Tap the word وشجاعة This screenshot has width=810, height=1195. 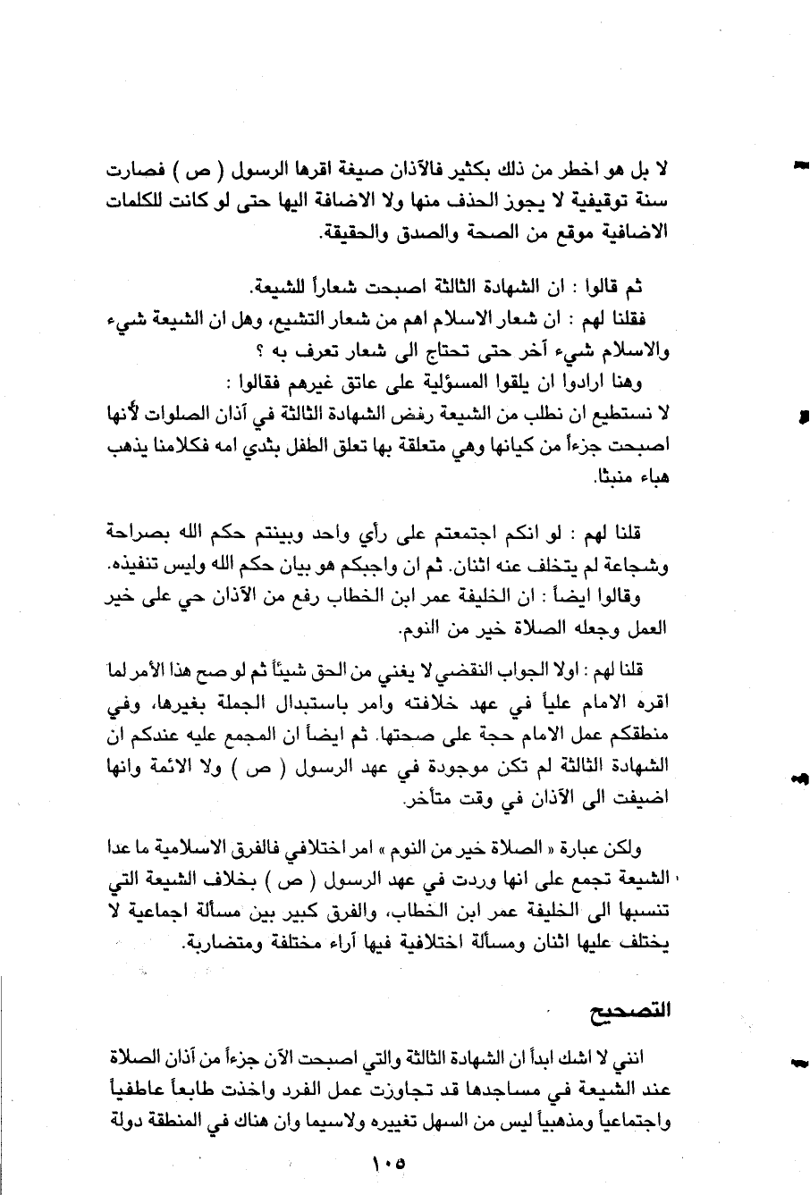click(x=643, y=566)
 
